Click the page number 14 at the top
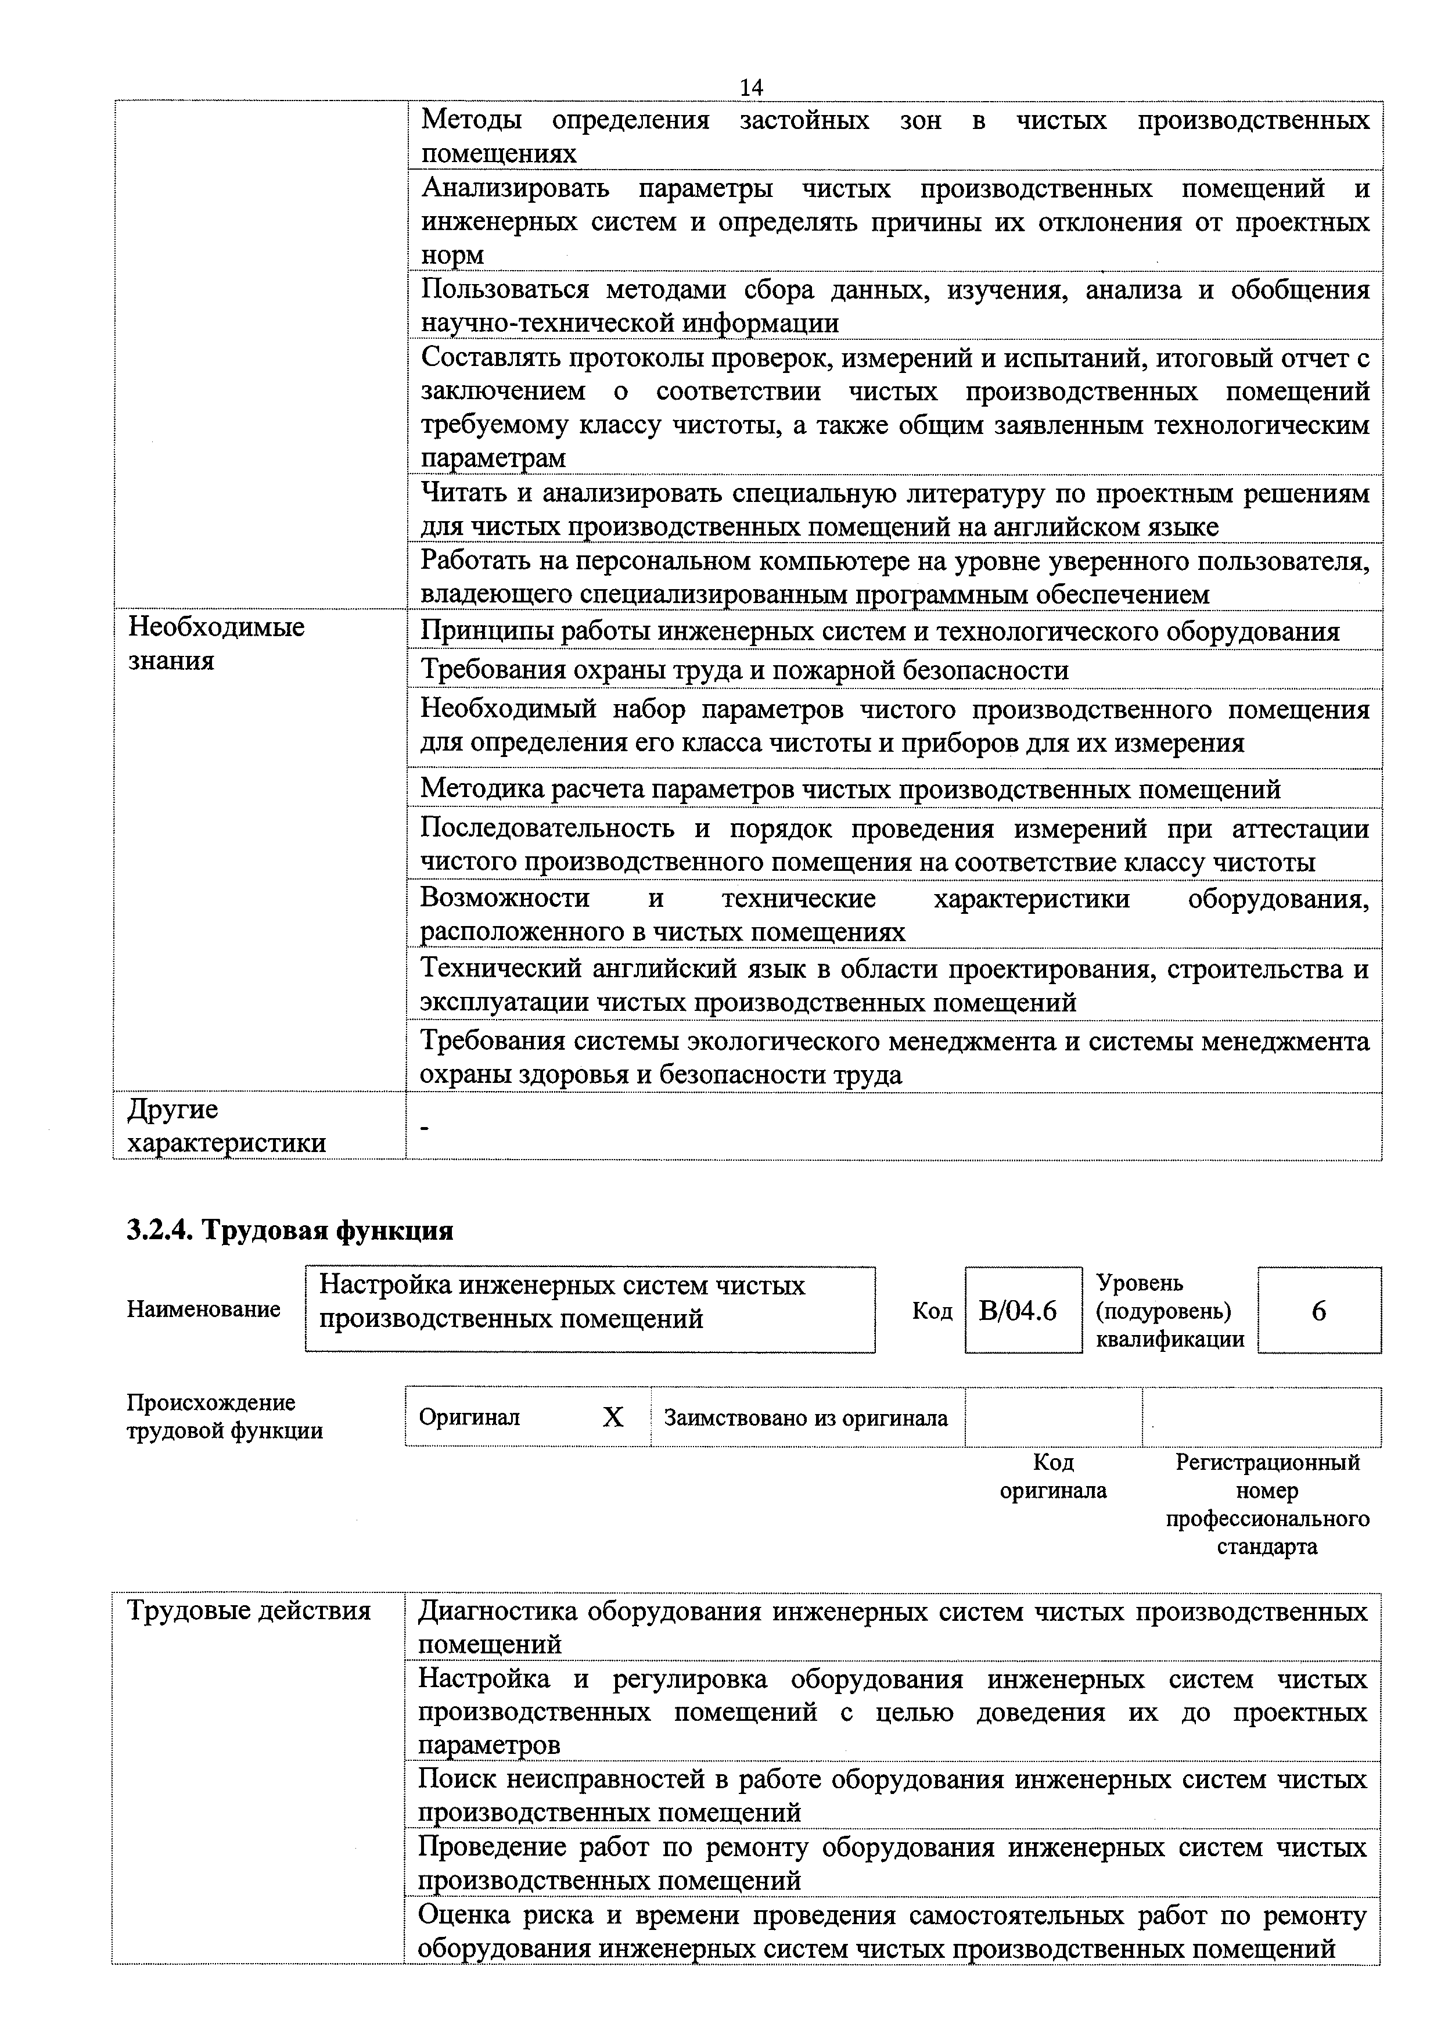(750, 87)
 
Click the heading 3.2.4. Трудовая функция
(290, 1230)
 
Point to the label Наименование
(203, 1309)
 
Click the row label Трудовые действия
(249, 1610)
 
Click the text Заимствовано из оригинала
(806, 1418)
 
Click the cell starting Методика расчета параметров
(850, 788)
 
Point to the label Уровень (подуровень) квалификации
(1170, 1311)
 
